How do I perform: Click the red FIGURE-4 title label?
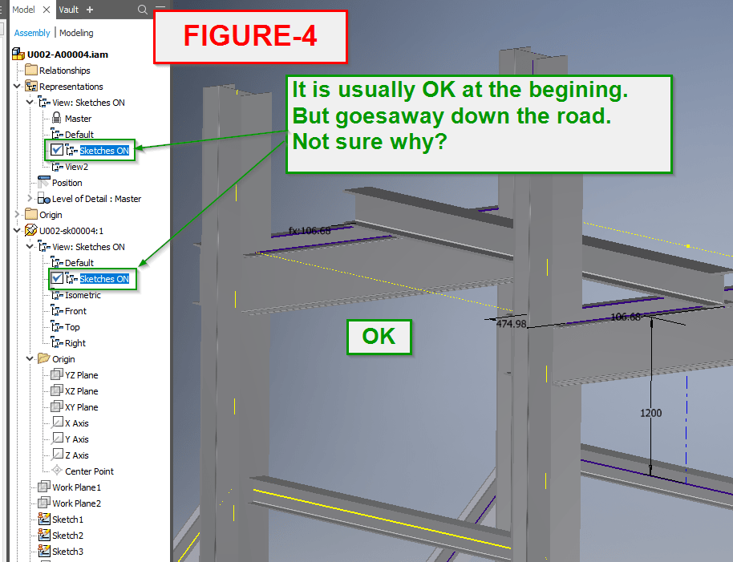tap(249, 36)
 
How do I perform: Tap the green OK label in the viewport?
tap(379, 337)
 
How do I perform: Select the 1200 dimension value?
tap(650, 413)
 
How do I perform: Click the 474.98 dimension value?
tap(512, 324)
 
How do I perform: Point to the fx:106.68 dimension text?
tap(310, 231)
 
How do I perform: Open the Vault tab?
tap(68, 10)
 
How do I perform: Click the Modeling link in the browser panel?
tap(76, 33)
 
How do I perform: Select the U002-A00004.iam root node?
tap(67, 55)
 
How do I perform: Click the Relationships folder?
tap(64, 71)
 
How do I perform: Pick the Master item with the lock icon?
tap(78, 119)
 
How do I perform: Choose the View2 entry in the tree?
tap(76, 167)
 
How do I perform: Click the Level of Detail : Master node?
tap(96, 199)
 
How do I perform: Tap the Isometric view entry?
tap(83, 295)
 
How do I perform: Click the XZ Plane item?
tap(81, 391)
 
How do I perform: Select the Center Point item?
tap(89, 471)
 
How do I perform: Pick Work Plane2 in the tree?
tap(76, 503)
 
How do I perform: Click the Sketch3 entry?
tap(67, 552)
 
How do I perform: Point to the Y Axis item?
tap(76, 439)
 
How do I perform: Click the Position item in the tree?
tap(67, 183)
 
